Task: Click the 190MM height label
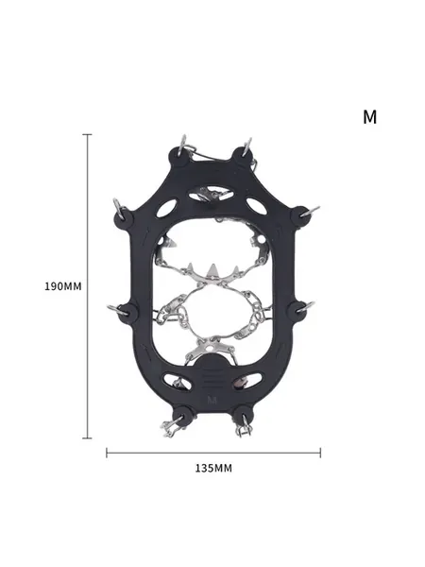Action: tap(63, 286)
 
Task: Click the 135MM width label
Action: tap(213, 469)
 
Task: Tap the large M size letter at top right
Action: tap(369, 117)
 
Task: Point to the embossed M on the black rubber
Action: tap(212, 401)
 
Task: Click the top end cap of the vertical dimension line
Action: tap(87, 134)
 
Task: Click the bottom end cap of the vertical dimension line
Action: tap(87, 438)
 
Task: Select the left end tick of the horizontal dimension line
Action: tap(107, 453)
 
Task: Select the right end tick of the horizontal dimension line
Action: tap(320, 453)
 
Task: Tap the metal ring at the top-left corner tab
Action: tap(182, 143)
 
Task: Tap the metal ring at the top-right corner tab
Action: tap(247, 145)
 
